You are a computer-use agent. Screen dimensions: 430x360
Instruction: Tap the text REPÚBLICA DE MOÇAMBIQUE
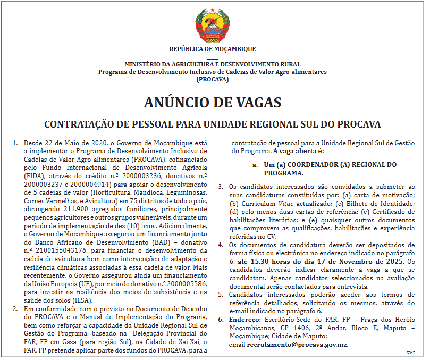(212, 49)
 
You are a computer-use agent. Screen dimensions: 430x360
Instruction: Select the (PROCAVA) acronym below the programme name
(212, 79)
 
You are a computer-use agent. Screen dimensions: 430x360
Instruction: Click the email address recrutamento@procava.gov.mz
(298, 345)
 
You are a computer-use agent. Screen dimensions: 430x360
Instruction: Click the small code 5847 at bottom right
(410, 353)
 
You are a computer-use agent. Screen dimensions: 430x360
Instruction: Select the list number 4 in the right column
(221, 245)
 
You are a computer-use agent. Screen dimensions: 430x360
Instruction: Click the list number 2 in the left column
(15, 309)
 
